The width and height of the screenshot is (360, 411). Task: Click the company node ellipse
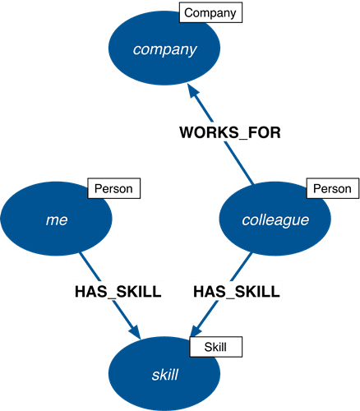click(x=164, y=48)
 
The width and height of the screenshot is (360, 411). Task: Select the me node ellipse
click(x=56, y=219)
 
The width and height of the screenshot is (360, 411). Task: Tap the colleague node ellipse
click(x=275, y=219)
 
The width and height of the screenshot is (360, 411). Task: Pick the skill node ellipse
click(x=164, y=374)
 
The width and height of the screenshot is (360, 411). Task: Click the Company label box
click(x=210, y=12)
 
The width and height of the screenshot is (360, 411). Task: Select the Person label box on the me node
click(x=114, y=188)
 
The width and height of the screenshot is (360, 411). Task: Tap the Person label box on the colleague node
click(x=333, y=188)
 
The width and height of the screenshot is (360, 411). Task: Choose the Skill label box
click(x=216, y=347)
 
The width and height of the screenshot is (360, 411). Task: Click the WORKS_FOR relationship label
click(x=230, y=132)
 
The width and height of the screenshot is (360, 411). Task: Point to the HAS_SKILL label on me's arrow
click(x=118, y=292)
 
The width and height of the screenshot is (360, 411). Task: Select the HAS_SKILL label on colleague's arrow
click(x=237, y=292)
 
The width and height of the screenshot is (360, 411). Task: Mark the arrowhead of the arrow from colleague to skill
click(x=196, y=330)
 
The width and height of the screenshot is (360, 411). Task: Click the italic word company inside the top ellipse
click(x=165, y=50)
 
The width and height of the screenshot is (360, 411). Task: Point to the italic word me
click(x=57, y=220)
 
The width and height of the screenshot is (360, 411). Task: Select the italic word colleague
click(x=275, y=220)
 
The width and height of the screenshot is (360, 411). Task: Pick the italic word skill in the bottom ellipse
click(x=165, y=375)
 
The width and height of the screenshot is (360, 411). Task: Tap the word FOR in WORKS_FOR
click(x=265, y=132)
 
